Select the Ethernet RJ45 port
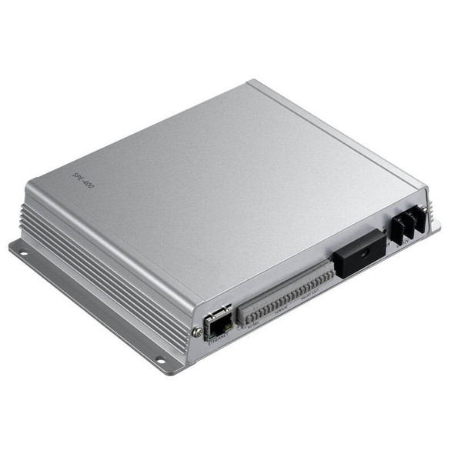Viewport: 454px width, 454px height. pos(218,322)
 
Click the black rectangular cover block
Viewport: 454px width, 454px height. pos(359,252)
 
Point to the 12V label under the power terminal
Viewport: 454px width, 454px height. pos(404,245)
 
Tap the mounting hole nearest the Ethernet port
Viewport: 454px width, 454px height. pos(159,359)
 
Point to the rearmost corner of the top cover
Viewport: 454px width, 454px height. pos(248,82)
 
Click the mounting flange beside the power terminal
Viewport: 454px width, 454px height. pos(435,226)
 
